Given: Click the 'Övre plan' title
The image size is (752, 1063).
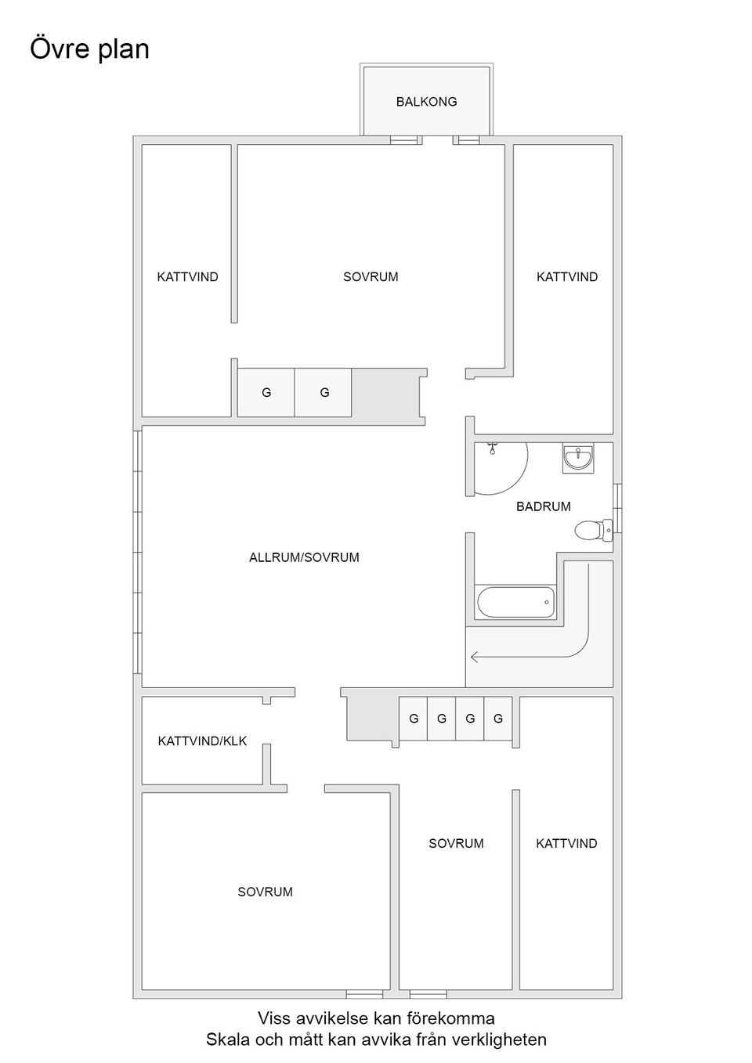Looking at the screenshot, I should [x=89, y=49].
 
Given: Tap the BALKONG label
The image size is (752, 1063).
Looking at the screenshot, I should [x=426, y=102].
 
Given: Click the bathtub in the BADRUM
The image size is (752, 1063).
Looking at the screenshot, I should [x=515, y=603].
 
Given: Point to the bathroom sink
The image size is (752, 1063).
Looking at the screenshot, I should [x=578, y=458].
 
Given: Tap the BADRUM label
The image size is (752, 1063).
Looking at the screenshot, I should [x=543, y=506].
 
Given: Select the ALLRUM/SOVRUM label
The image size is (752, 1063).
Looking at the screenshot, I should [x=304, y=557].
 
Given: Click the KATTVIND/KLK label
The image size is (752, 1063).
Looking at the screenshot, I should [x=202, y=740].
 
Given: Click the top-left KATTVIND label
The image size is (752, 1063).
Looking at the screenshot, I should [x=187, y=277].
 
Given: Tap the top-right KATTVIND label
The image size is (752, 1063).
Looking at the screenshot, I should [x=566, y=277].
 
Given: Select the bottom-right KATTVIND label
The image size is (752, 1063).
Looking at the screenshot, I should [x=566, y=843].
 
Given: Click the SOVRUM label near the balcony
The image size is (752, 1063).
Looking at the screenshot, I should [x=371, y=277].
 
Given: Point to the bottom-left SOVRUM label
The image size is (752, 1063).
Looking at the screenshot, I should [x=265, y=892].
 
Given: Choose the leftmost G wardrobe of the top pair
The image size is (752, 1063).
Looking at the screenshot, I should [x=266, y=392].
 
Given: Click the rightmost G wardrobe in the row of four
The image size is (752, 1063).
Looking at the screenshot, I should [x=498, y=719].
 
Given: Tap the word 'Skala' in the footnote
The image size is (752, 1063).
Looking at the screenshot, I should [x=226, y=1040].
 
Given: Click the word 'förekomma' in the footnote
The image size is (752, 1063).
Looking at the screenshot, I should [x=455, y=1018].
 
